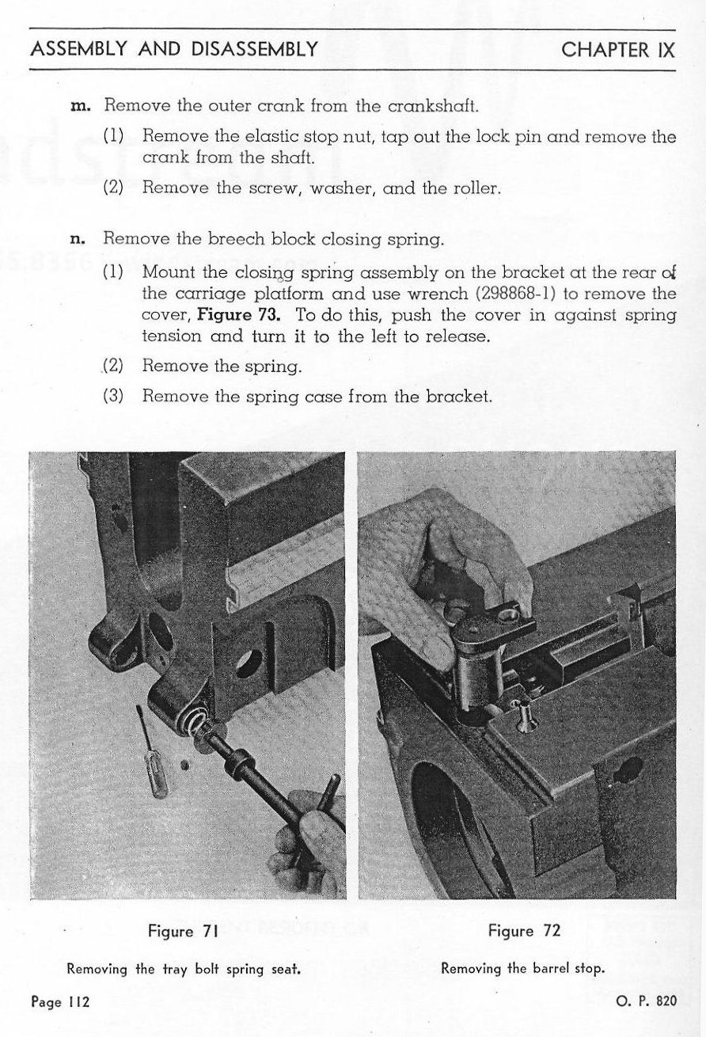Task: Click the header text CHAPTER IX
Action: click(617, 50)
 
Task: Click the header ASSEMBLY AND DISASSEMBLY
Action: click(174, 50)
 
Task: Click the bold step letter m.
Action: click(80, 105)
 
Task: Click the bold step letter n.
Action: click(81, 237)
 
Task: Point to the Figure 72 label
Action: click(524, 931)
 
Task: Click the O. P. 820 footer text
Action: click(646, 1001)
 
